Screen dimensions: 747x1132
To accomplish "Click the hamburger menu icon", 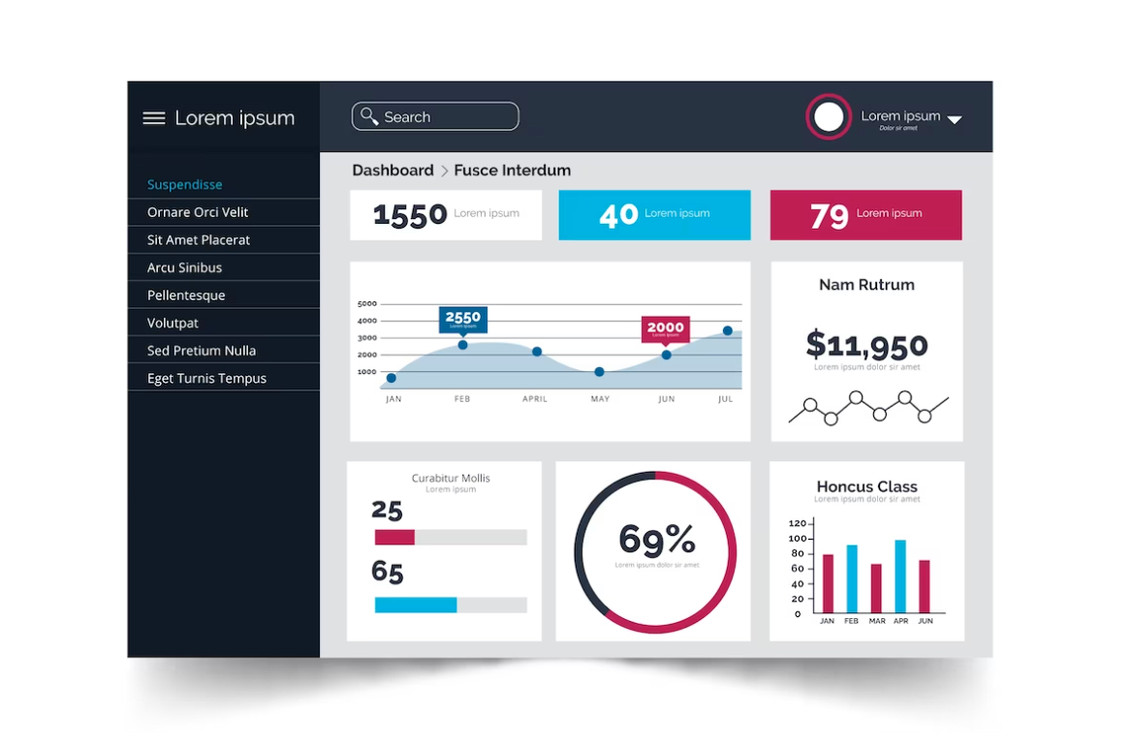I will (154, 118).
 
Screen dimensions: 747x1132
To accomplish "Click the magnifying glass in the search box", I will (369, 116).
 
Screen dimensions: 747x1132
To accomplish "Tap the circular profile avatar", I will (829, 117).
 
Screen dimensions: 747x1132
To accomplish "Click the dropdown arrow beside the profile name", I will (955, 120).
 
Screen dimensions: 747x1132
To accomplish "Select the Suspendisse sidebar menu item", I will (185, 184).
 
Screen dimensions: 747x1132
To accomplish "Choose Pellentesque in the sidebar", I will (186, 296).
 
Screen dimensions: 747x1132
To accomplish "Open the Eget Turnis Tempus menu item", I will (206, 379).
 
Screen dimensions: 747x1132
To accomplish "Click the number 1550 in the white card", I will (410, 215).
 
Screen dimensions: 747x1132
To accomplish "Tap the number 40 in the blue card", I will (618, 215).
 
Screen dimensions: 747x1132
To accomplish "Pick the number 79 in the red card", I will (830, 215).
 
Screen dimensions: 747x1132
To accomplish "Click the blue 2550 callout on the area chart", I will (463, 318).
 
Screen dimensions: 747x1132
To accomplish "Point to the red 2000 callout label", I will (666, 327).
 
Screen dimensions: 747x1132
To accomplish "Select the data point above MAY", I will (600, 372).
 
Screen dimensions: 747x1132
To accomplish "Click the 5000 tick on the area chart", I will (366, 303).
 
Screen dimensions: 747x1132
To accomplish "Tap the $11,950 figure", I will (866, 344).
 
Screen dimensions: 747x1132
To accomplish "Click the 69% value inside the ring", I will (656, 539).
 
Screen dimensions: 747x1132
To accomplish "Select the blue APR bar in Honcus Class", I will (900, 576).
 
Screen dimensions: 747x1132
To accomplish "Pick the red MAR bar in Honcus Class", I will (876, 588).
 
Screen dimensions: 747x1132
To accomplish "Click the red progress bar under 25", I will (394, 537).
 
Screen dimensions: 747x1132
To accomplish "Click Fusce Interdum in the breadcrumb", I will (512, 171).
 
